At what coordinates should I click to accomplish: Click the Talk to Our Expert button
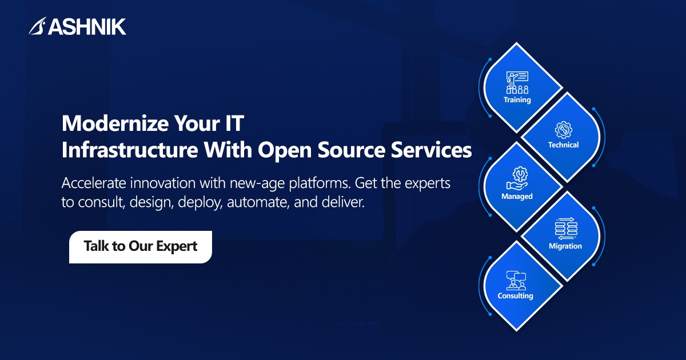point(141,247)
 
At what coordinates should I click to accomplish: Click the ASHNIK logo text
point(87,26)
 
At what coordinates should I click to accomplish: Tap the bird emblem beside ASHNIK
point(37,26)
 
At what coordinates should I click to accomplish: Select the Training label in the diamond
point(517,100)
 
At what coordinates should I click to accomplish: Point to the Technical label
point(563,145)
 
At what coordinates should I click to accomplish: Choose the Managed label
point(517,197)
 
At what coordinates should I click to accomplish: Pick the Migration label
point(565,246)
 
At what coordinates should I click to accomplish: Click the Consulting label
point(515,296)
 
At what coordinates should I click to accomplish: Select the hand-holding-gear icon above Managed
point(517,178)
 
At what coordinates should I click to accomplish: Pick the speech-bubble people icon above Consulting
point(516,280)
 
